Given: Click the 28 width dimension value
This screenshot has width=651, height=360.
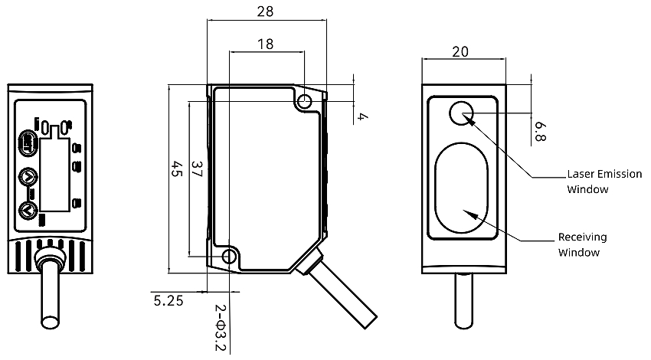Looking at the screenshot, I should point(266,11).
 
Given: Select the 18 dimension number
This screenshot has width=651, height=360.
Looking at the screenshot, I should point(265,44).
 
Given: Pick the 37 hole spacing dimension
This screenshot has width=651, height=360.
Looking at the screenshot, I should point(197,169).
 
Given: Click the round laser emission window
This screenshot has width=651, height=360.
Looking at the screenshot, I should point(462,113).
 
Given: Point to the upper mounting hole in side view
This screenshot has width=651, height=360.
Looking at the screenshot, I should point(306,103).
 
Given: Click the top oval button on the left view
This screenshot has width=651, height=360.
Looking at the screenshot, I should point(28,142).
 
